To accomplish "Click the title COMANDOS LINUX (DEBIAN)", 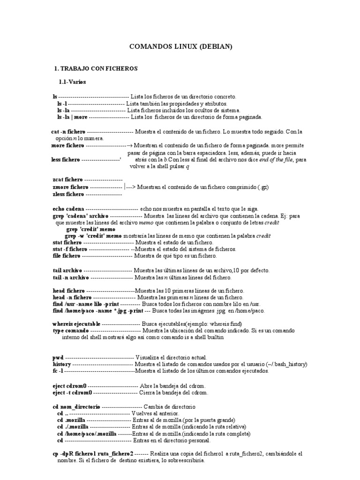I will coord(180,47).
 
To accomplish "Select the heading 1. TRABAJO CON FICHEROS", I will coord(96,68).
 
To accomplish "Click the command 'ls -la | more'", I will coord(72,117).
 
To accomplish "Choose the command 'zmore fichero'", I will coord(70,187).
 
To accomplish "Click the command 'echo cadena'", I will coord(68,208).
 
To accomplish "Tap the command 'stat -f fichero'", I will coord(70,249).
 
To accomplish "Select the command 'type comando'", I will coord(70,330).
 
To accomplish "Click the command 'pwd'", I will coord(57,358).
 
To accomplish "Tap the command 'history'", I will coord(61,364).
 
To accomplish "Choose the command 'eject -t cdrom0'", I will coord(72,392).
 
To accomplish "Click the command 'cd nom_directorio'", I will coord(75,406).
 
